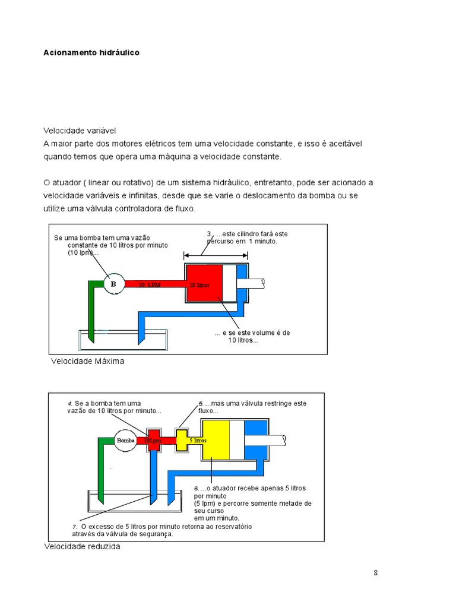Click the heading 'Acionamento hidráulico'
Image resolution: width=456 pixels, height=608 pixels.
click(91, 53)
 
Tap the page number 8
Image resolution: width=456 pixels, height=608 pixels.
click(376, 573)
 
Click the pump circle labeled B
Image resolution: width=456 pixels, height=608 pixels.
click(113, 284)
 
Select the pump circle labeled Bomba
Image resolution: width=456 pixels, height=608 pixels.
click(126, 441)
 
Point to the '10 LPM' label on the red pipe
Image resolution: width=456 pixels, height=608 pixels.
click(150, 285)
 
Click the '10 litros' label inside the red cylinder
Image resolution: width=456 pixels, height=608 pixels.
click(199, 285)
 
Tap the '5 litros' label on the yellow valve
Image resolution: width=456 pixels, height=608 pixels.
click(198, 441)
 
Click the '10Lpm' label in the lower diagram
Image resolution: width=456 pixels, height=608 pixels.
click(153, 441)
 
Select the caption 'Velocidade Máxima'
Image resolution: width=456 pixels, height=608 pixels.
click(88, 361)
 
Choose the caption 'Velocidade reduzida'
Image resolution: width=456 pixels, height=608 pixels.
click(82, 546)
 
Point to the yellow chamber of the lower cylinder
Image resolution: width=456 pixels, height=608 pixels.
click(216, 439)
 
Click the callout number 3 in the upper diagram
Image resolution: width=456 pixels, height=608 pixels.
click(209, 234)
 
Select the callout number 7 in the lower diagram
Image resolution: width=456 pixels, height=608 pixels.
click(75, 527)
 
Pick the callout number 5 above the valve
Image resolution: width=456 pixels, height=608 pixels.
click(201, 404)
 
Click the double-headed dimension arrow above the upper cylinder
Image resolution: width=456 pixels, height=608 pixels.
click(216, 255)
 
